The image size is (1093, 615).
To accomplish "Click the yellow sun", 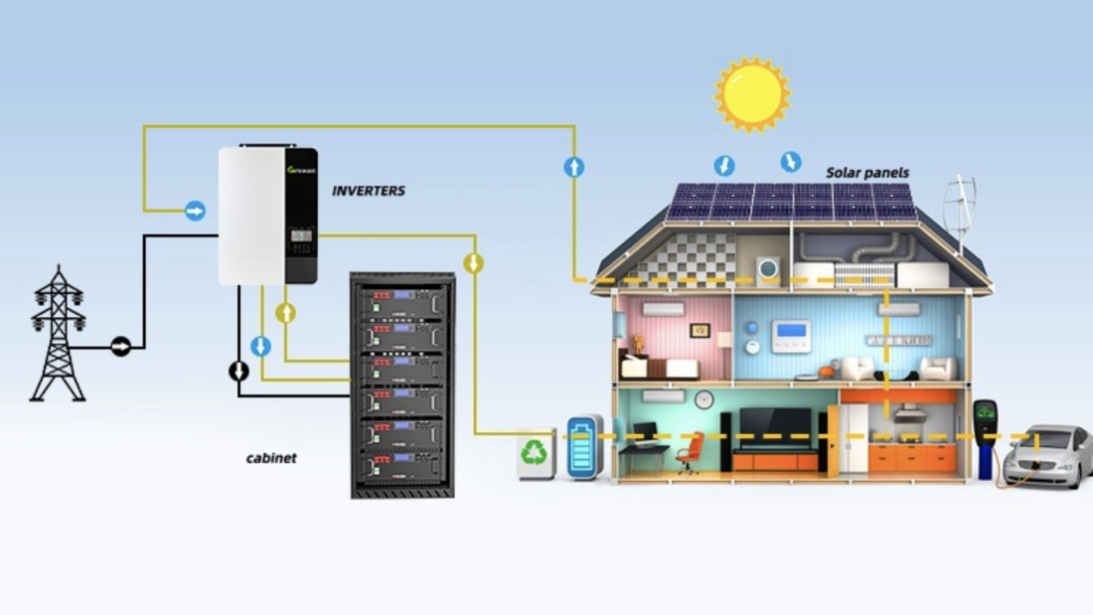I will tap(752, 94).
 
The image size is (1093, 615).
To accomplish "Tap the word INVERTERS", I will tap(369, 190).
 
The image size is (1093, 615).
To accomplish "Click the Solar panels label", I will tap(866, 173).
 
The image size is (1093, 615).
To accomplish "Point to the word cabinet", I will tap(271, 458).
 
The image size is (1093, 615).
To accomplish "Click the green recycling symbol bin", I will tap(535, 454).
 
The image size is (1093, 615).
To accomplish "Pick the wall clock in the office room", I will tap(703, 399).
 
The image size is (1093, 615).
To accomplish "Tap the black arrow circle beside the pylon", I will tap(120, 347).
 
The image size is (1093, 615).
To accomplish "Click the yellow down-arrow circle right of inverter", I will tap(474, 263).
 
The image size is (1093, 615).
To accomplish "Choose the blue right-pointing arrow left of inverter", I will tap(195, 211).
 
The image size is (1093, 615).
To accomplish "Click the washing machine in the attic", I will tap(768, 268).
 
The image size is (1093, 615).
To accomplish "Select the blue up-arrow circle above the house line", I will tap(573, 167).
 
